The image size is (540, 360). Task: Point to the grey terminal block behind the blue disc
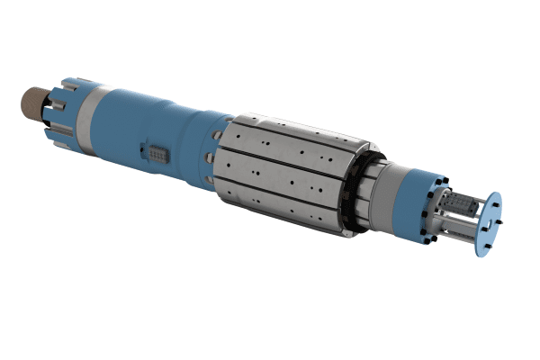tap(463, 211)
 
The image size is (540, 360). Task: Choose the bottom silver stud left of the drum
tap(211, 184)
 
